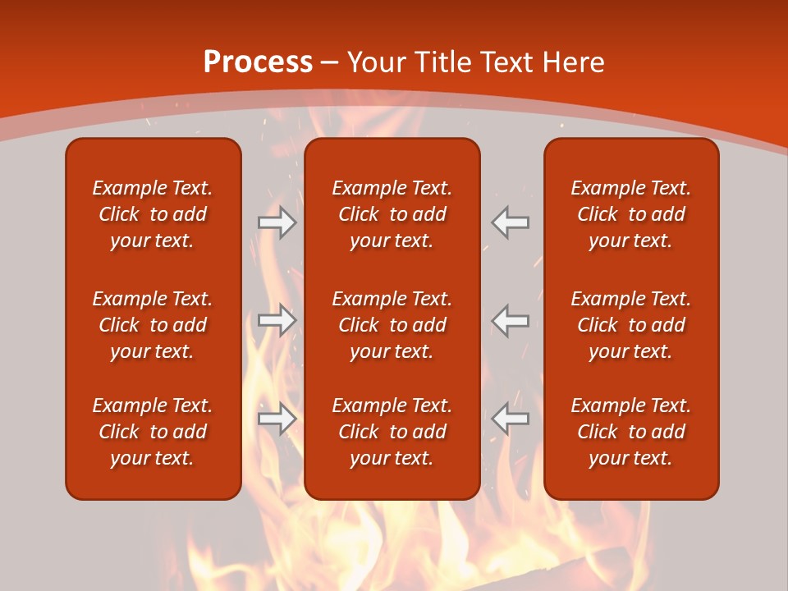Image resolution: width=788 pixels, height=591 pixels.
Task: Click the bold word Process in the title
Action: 258,62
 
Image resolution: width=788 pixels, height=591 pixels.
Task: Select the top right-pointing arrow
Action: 277,222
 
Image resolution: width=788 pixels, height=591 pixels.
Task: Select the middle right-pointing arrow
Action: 277,320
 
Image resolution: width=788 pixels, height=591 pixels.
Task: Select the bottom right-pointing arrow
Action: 277,419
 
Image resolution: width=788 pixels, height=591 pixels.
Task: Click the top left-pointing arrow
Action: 510,222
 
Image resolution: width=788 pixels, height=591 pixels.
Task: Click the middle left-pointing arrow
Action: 510,320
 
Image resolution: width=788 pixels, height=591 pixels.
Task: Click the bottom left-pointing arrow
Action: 510,419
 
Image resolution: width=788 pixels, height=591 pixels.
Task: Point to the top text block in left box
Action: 153,214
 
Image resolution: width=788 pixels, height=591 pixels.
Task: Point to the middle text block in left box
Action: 153,325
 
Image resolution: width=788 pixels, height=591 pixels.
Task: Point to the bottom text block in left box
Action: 153,432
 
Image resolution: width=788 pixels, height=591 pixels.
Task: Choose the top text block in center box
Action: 392,214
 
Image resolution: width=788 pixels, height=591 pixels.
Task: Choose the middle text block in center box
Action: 392,325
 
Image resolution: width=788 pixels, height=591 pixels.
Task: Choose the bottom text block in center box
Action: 392,432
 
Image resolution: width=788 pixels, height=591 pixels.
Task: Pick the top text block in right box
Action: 630,214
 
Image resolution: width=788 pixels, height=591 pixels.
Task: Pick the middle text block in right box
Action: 630,325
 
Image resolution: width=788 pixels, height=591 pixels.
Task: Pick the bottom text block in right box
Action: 630,432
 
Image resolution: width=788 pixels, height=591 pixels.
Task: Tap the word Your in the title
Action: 376,62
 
